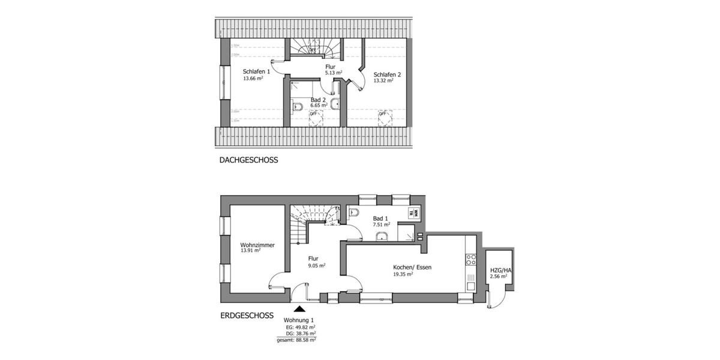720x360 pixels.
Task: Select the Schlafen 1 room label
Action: [x=256, y=71]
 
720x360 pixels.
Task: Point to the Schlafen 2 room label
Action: [x=387, y=74]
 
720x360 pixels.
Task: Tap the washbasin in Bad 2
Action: [x=338, y=104]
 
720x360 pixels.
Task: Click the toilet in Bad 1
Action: [x=354, y=212]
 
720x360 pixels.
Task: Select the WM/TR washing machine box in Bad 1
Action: [x=413, y=212]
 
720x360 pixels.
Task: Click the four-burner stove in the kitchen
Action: [x=471, y=259]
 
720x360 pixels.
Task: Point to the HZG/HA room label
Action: [x=500, y=271]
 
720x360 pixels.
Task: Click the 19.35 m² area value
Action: [x=403, y=274]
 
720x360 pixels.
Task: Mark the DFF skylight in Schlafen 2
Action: [x=382, y=113]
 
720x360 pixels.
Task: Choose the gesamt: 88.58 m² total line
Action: [x=296, y=340]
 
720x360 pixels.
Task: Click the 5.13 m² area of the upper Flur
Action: [x=333, y=73]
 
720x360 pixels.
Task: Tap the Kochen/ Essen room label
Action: [x=412, y=266]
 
